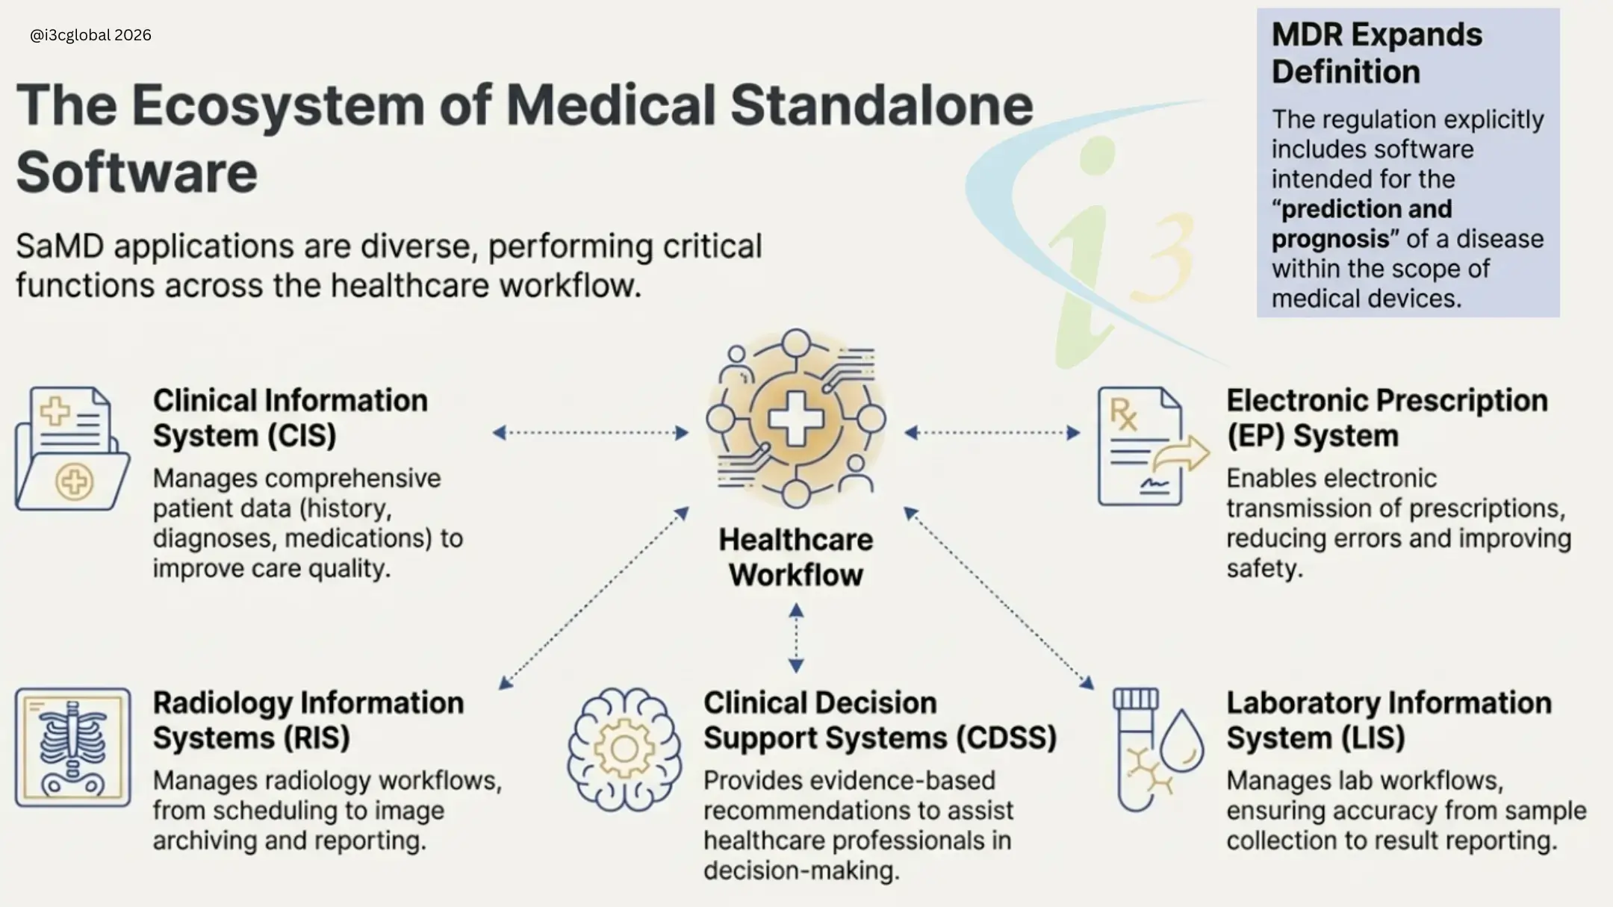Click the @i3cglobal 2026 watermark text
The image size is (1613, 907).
coord(90,35)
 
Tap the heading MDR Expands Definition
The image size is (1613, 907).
coord(1376,53)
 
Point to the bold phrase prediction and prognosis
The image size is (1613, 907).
coord(1362,224)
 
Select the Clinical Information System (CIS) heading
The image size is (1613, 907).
coord(290,418)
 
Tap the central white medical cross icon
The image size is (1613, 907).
coord(796,419)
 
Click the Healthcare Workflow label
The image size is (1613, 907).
coord(796,557)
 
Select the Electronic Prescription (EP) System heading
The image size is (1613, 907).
coord(1386,418)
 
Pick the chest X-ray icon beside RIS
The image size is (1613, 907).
coord(72,747)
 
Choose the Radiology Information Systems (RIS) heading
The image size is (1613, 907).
coord(308,720)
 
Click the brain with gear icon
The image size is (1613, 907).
coord(624,749)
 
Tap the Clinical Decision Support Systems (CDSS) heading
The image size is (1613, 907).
coord(879,720)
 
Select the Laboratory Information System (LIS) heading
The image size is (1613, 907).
coord(1388,720)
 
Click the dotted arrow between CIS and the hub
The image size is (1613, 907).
coord(591,433)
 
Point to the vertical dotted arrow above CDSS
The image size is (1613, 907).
coord(796,638)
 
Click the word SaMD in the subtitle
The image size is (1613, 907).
coord(60,247)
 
